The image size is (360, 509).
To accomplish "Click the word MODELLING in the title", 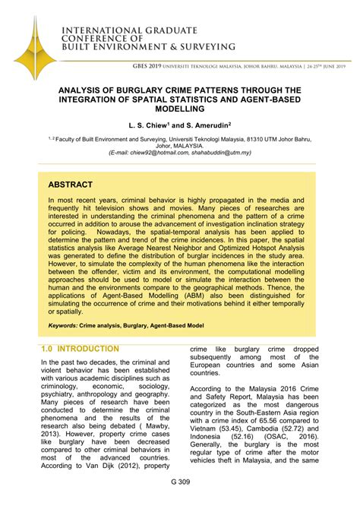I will pos(180,110).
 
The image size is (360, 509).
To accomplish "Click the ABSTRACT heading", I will pos(70,185).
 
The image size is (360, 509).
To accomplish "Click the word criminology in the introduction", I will pos(64,387).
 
